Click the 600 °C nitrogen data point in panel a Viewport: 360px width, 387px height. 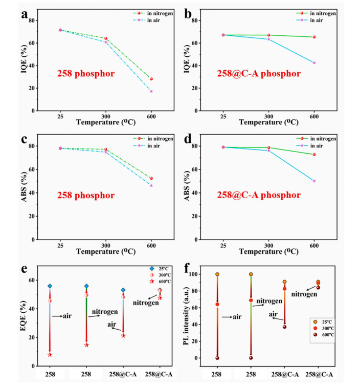(x=151, y=79)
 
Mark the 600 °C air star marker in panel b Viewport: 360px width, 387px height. (x=314, y=62)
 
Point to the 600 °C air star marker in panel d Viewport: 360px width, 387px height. (x=314, y=181)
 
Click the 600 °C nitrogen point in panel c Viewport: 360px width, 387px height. (x=151, y=178)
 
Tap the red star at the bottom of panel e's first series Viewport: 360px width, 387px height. (x=50, y=355)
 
